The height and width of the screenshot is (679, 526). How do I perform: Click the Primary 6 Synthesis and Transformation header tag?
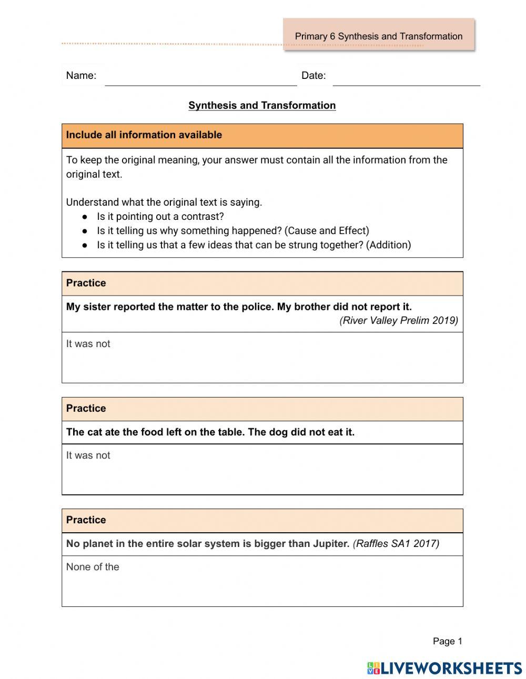click(x=378, y=36)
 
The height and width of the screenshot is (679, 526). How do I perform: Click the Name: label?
click(x=81, y=75)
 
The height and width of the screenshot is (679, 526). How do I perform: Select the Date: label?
click(x=313, y=75)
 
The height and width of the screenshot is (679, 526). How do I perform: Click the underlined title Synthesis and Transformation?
click(x=262, y=105)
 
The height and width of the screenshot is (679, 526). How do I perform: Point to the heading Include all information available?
click(x=144, y=135)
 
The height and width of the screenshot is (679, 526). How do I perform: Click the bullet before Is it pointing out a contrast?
click(x=85, y=217)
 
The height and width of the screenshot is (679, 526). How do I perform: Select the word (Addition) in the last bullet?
click(x=388, y=245)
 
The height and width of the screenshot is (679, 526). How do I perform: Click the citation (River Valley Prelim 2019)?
click(x=399, y=320)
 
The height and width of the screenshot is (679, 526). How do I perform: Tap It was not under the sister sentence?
click(x=88, y=343)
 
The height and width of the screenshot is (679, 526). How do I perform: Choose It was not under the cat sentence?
click(x=88, y=455)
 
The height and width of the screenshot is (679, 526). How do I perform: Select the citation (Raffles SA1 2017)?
click(x=396, y=543)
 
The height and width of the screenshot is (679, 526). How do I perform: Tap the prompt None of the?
click(x=93, y=566)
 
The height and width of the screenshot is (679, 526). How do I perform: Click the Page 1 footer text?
click(x=447, y=641)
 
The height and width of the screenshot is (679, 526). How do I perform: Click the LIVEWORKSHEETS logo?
click(x=444, y=668)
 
